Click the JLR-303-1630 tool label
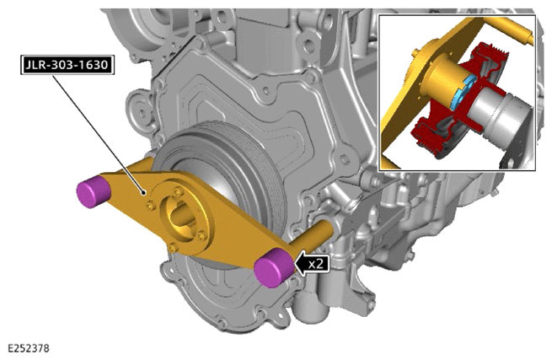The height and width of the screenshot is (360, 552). [x=67, y=65]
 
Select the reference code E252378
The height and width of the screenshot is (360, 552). [x=29, y=348]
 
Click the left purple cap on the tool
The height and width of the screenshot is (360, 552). [x=93, y=192]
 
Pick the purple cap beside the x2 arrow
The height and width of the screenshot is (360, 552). [x=273, y=266]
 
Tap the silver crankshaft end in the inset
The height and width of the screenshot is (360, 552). [x=501, y=112]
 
